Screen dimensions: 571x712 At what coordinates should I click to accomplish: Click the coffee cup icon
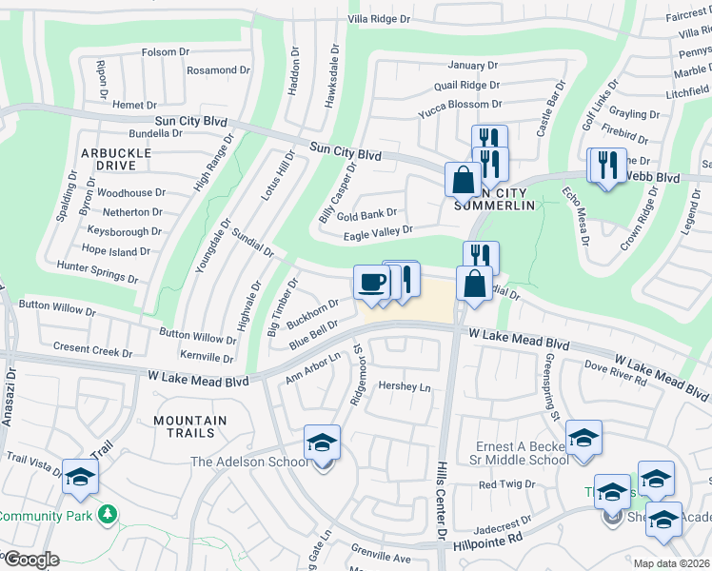tap(371, 283)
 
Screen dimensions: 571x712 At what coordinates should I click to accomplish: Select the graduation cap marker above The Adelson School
tap(322, 443)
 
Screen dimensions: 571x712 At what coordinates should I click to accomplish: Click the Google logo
tap(30, 560)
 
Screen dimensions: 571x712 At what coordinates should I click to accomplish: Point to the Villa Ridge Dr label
tap(379, 18)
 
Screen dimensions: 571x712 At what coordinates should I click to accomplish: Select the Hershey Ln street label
tap(405, 387)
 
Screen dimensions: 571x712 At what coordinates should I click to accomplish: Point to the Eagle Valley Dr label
tap(378, 230)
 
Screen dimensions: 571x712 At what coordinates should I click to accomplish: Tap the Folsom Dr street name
tap(166, 52)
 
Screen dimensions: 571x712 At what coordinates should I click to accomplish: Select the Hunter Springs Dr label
tap(97, 273)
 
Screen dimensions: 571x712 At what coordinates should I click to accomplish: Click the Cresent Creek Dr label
tap(93, 350)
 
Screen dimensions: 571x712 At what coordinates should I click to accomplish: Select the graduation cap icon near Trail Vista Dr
tap(80, 477)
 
